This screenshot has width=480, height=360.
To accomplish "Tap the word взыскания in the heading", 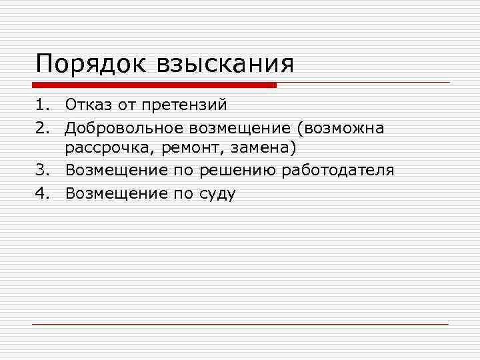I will click(x=225, y=65).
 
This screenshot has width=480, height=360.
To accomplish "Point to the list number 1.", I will click(x=42, y=105).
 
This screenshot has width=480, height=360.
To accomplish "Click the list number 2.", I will click(x=42, y=127).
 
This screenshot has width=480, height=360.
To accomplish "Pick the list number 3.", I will click(x=42, y=171).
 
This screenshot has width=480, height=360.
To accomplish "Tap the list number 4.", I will click(x=42, y=193).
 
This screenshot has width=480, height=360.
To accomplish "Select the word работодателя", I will click(x=338, y=171).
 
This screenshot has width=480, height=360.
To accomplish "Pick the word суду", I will click(x=216, y=193).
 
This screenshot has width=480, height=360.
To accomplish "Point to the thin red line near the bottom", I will click(x=240, y=324).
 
